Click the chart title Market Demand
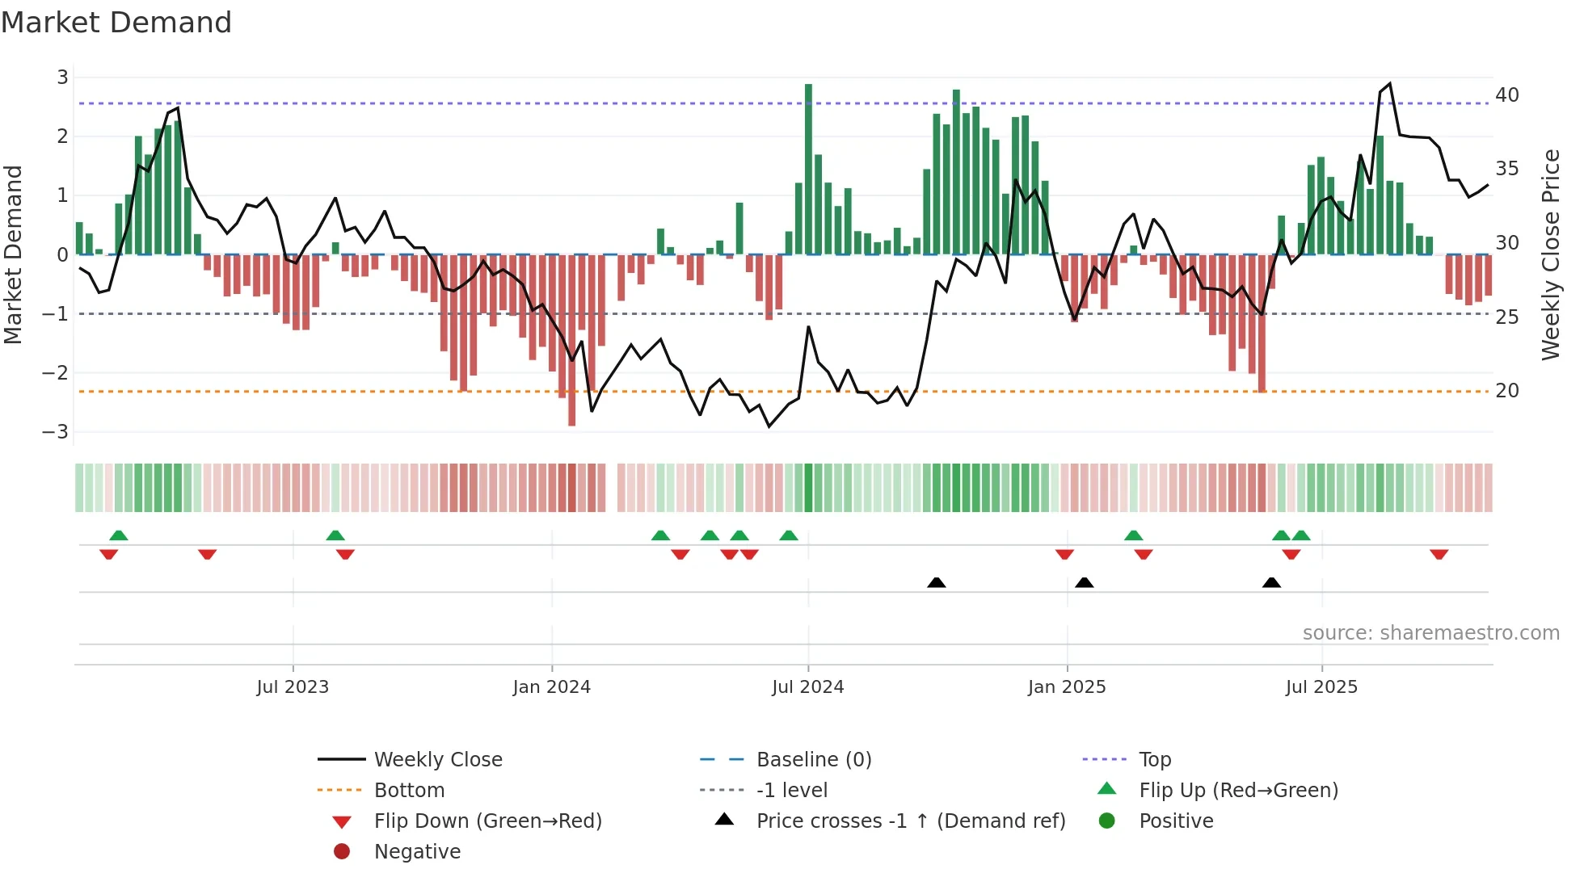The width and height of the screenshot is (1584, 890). coord(116,23)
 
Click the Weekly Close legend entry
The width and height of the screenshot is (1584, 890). coord(437,759)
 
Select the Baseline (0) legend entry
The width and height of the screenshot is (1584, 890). coord(813,759)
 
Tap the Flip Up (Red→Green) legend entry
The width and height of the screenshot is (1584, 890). coord(1237,790)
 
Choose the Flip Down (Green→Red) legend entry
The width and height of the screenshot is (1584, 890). coord(487,821)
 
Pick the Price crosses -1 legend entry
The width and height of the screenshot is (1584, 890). coord(910,821)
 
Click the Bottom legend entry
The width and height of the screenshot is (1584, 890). coord(409,790)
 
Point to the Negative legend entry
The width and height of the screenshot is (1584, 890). coord(417,851)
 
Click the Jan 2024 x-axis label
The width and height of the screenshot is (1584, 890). coord(551,687)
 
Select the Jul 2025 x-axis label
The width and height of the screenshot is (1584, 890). coord(1321,687)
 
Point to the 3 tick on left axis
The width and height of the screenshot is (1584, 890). coord(62,78)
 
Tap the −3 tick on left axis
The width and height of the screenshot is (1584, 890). coord(56,432)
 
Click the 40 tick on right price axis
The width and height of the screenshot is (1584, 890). coord(1506,95)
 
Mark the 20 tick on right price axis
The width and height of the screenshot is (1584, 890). coord(1506,391)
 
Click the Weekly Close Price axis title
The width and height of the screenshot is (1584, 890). coord(1550,254)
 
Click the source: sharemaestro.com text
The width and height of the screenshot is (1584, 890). coord(1430,633)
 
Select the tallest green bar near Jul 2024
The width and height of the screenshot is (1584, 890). coord(808,170)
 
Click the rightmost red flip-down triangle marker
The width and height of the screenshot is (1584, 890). coord(1439,554)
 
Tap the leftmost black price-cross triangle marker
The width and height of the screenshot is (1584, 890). coord(936,582)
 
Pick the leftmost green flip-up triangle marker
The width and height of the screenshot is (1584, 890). coord(119,535)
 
